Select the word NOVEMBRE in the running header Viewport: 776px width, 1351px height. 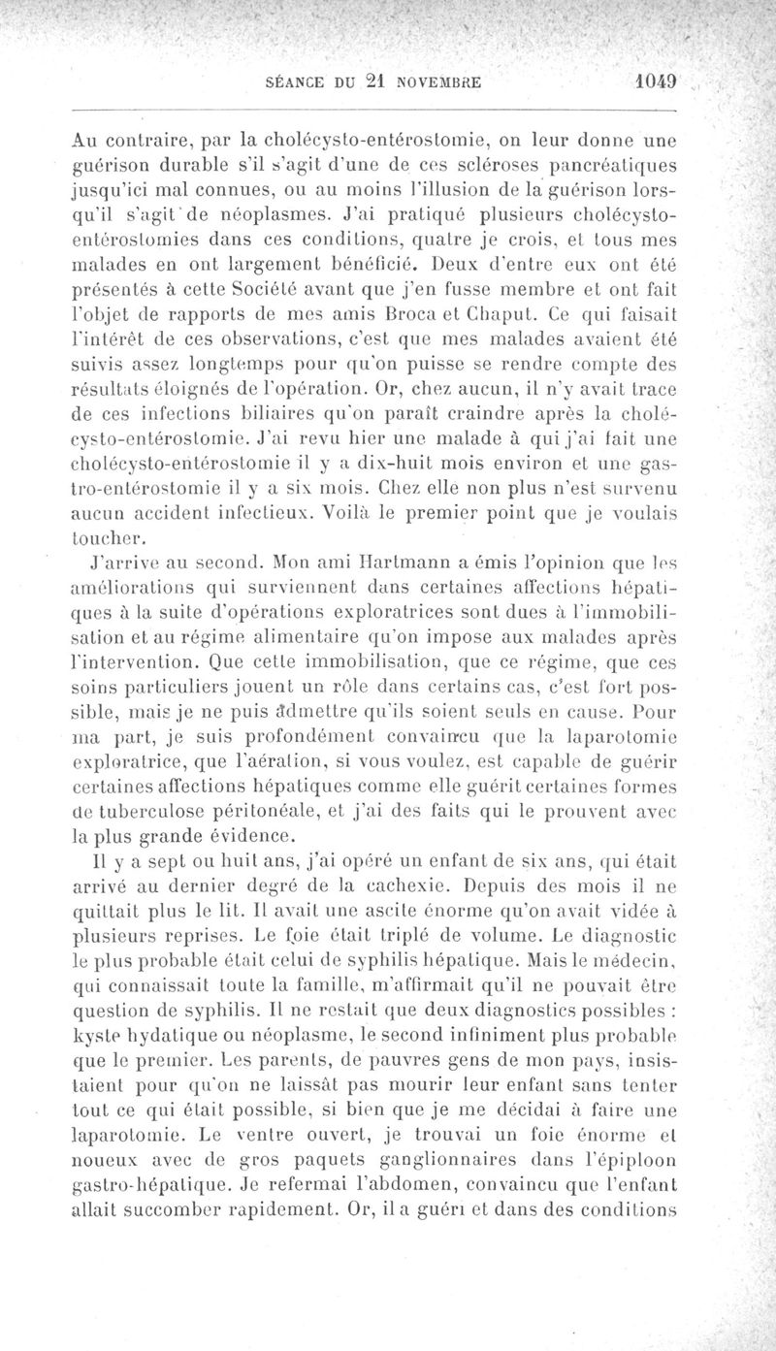tap(442, 84)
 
